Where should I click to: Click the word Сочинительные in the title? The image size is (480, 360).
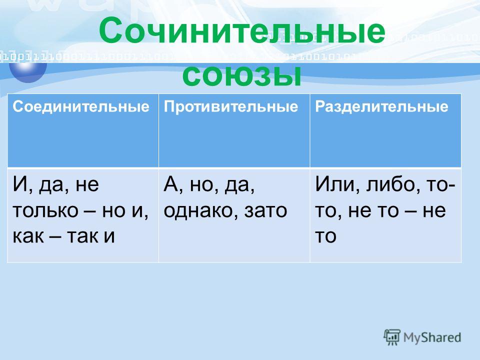242,30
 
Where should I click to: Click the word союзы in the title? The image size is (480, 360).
242,75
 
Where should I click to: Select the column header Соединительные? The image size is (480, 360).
81,106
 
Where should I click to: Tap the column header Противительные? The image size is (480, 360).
231,106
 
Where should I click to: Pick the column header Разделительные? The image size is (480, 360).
381,106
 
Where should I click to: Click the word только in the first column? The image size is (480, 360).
45,210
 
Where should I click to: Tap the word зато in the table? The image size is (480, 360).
265,210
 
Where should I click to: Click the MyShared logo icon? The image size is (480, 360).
392,337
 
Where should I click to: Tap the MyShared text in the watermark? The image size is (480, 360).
432,337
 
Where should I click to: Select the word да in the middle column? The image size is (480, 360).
239,184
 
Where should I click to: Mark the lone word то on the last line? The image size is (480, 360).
325,235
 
